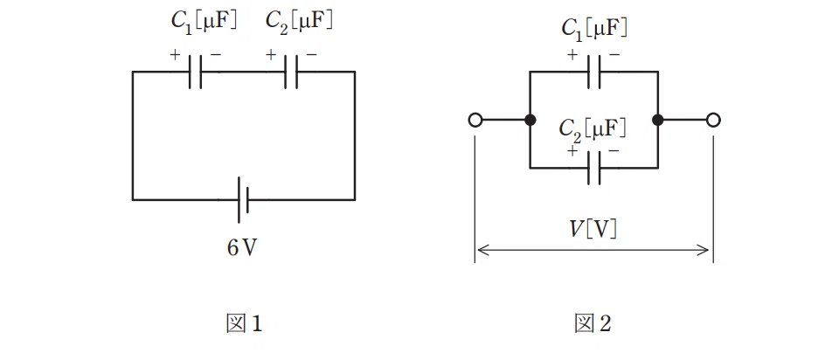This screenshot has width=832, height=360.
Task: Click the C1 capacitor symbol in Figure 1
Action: (195, 72)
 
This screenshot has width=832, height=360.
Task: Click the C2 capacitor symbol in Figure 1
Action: (291, 72)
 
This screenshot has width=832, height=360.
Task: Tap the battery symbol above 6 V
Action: (243, 200)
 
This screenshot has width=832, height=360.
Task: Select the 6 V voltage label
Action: (242, 248)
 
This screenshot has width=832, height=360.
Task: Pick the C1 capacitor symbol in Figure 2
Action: (594, 72)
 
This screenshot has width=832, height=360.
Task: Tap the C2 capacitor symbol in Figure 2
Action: (594, 168)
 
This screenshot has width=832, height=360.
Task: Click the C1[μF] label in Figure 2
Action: (594, 29)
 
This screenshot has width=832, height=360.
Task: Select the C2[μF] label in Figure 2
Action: (593, 129)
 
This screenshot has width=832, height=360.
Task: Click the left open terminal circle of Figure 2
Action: (475, 121)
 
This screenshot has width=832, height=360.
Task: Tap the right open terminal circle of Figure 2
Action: (714, 121)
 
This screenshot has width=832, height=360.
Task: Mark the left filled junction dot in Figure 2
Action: (530, 121)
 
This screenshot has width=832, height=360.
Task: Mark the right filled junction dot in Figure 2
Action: (658, 121)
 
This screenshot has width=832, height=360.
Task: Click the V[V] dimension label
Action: (593, 230)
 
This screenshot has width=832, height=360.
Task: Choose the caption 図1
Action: (244, 323)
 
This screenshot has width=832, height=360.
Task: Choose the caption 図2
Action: (593, 323)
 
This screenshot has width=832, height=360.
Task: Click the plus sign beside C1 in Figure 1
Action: (175, 54)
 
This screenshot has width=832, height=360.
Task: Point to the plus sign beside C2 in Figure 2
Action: (572, 151)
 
